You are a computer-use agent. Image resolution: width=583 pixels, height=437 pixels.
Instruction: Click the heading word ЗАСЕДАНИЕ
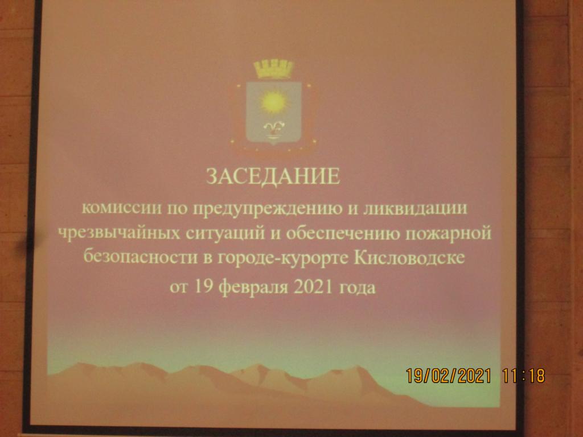point(273,176)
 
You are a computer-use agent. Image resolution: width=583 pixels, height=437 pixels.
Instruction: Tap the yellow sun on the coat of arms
point(274,102)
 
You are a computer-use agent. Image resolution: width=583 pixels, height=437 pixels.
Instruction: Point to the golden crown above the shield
point(274,68)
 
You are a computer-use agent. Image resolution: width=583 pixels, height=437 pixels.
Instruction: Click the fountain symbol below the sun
point(274,129)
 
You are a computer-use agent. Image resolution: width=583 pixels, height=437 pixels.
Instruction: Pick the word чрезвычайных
point(119,233)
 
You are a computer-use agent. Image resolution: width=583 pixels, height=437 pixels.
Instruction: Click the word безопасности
point(140,257)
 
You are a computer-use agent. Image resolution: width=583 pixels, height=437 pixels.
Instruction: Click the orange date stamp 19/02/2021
point(449,376)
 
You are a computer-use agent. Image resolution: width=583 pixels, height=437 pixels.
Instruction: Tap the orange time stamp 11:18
point(524,376)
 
